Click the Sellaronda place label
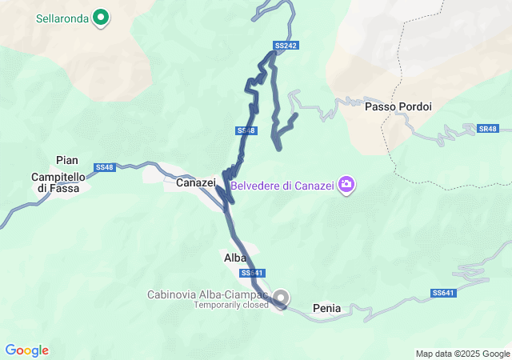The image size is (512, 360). tap(62, 17)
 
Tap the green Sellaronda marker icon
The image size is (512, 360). tap(101, 16)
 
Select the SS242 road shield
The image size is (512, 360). tap(286, 46)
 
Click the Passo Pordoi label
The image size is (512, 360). tap(398, 106)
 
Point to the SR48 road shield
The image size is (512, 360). tap(487, 129)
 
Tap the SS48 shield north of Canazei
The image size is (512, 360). tap(246, 130)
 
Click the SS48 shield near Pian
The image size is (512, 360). tap(105, 167)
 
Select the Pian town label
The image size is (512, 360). tap(67, 160)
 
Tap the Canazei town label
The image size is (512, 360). tap(196, 183)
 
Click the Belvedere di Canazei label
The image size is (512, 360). tap(282, 186)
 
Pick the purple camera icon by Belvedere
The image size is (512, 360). tap(346, 186)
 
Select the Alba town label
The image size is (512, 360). tap(234, 258)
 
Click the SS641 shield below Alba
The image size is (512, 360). tap(252, 273)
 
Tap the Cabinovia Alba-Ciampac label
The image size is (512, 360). tap(207, 294)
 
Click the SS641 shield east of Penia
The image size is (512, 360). tap(443, 294)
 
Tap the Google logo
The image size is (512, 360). tap(26, 350)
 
